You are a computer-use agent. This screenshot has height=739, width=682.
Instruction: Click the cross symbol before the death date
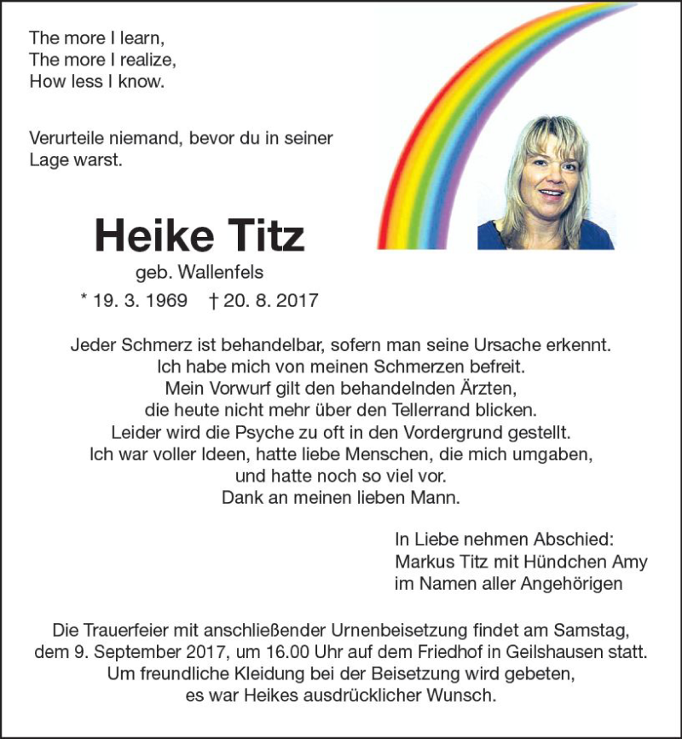pyautogui.click(x=214, y=301)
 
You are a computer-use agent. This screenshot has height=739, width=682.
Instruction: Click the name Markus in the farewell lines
pyautogui.click(x=422, y=563)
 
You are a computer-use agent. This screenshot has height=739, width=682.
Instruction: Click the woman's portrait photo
pyautogui.click(x=545, y=182)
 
